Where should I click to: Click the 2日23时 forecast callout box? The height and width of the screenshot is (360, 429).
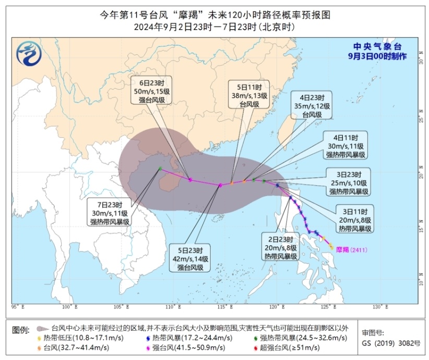click(280, 247)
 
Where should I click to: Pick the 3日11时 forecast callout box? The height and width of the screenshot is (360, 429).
click(355, 220)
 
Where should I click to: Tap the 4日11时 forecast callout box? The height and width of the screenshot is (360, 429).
click(346, 146)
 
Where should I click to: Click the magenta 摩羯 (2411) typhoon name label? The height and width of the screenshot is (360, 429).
click(353, 249)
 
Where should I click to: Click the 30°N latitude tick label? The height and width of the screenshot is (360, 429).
click(421, 62)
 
